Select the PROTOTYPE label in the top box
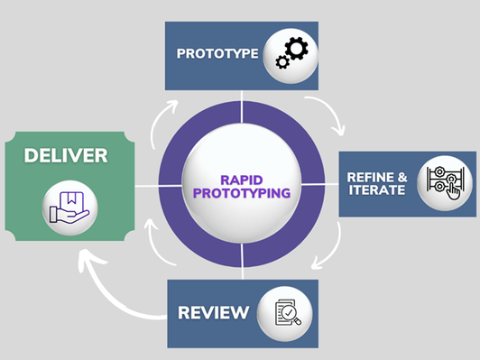(215, 54)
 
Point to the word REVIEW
(213, 313)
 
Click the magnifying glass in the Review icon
(295, 316)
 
